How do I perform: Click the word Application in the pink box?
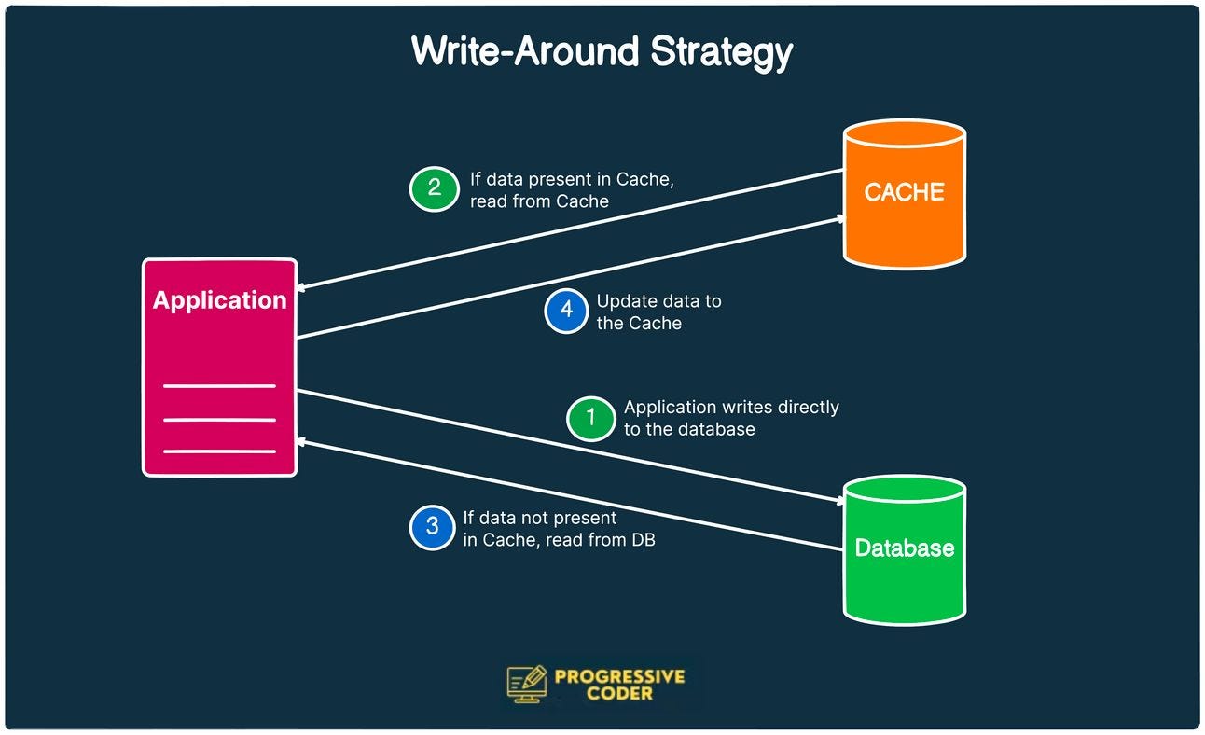point(219,300)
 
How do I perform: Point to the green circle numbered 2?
point(435,187)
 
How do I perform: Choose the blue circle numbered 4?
point(567,311)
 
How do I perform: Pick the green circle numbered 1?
point(590,417)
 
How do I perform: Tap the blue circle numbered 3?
point(433,527)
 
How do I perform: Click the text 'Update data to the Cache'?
point(658,312)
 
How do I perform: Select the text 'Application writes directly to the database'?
point(731,418)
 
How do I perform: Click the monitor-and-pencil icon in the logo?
point(527,683)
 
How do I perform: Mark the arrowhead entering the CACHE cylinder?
point(839,218)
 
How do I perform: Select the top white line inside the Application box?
point(219,386)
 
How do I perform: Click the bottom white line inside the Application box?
point(219,451)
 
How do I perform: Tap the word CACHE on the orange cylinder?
point(904,192)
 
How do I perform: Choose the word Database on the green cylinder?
point(904,548)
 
